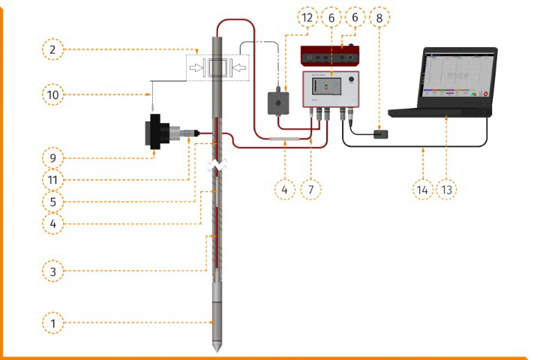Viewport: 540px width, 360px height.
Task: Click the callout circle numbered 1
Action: click(x=53, y=323)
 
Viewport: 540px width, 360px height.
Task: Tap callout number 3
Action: click(x=53, y=271)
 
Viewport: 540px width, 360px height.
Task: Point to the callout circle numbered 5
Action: click(x=53, y=201)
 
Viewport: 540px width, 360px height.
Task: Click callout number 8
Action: click(x=380, y=16)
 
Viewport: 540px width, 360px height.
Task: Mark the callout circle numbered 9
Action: click(x=53, y=158)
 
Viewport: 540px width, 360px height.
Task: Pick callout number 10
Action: click(x=53, y=94)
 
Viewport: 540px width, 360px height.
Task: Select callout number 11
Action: click(x=53, y=180)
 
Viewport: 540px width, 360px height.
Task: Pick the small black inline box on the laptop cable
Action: click(x=380, y=133)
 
